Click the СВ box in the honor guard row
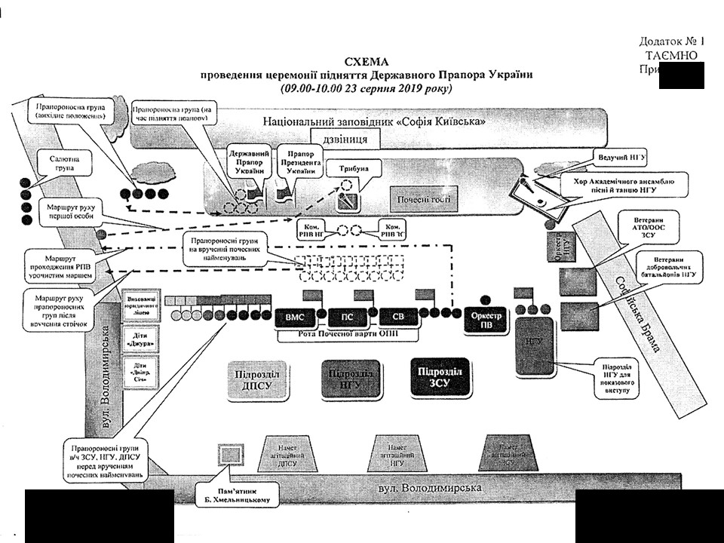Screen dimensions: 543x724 397,317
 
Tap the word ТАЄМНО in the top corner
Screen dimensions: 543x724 671,55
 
